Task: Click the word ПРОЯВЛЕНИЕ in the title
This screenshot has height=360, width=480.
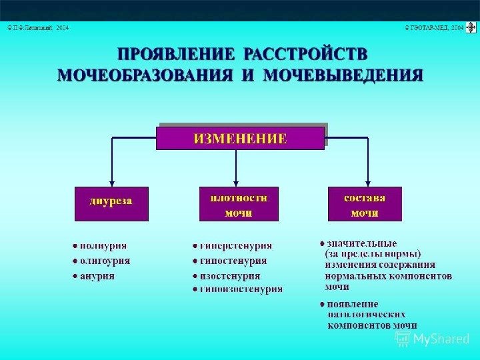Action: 175,54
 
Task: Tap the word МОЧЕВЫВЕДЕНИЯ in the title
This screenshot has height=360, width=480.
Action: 343,74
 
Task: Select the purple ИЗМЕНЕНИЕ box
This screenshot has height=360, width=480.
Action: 240,139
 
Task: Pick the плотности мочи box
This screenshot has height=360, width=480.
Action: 239,205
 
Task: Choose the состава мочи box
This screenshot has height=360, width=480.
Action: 365,205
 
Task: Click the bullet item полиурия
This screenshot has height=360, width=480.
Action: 103,246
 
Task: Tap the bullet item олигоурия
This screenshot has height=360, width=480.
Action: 105,261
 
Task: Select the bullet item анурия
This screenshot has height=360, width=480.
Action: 97,275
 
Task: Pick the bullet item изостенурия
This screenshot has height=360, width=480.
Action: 230,275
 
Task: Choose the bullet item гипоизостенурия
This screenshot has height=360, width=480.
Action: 241,289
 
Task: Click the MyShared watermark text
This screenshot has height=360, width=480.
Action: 441,339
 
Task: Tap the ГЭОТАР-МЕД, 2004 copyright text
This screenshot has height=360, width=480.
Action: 434,28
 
